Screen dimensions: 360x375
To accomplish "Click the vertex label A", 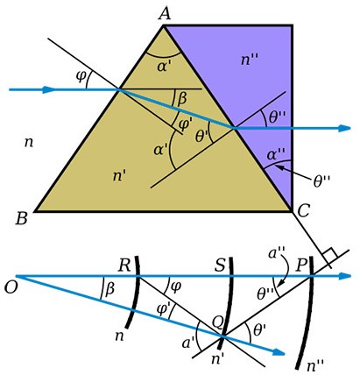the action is (165, 13).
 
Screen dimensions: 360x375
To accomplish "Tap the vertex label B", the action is (22, 218).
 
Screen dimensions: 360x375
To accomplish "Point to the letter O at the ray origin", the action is (11, 287).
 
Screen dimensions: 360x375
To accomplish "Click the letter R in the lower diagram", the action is (124, 266).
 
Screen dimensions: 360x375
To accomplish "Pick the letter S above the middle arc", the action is (220, 265).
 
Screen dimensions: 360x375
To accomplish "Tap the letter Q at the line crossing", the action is (218, 323).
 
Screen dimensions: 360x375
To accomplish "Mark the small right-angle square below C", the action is (330, 255).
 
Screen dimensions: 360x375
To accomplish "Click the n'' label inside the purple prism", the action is (250, 60).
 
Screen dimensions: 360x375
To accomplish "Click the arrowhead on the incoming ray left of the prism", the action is (48, 89).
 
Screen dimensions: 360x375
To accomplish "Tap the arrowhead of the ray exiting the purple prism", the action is (344, 128).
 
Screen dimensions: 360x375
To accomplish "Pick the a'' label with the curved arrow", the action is (277, 253).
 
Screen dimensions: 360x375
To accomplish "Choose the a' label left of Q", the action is (188, 343).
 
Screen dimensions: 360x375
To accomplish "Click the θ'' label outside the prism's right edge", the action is (321, 181).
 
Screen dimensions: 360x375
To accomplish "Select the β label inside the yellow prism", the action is (181, 99).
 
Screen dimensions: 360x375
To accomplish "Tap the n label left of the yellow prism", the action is (28, 143).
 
